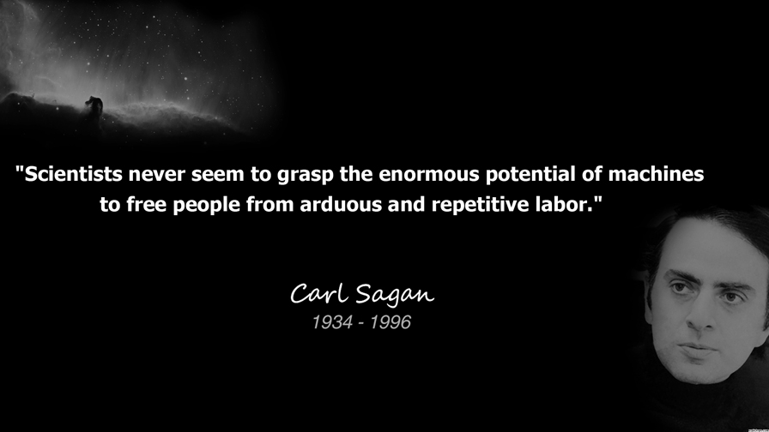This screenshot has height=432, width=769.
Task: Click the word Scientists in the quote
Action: click(x=74, y=174)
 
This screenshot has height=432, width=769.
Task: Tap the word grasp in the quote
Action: click(x=306, y=176)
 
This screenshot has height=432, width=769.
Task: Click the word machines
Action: click(x=657, y=174)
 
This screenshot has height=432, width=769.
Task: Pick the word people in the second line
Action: click(x=207, y=205)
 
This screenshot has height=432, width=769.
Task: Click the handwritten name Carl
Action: click(x=320, y=293)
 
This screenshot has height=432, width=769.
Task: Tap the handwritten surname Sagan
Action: click(x=395, y=295)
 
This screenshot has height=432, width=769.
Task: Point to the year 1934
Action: click(x=332, y=322)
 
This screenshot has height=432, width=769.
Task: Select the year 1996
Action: click(x=391, y=322)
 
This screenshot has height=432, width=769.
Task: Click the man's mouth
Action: click(x=696, y=350)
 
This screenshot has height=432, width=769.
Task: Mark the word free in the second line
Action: click(x=146, y=204)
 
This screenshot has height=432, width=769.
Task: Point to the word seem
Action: click(x=218, y=176)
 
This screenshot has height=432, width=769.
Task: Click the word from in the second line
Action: click(x=270, y=204)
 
